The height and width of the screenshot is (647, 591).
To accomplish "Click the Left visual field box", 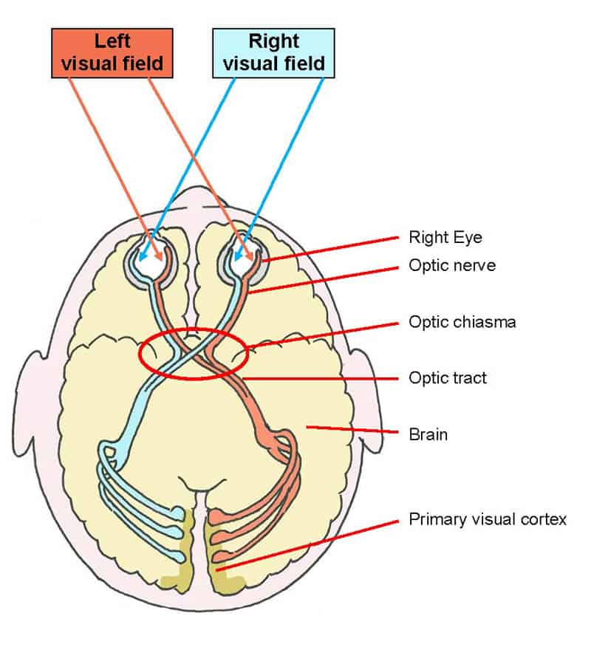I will click(x=113, y=53).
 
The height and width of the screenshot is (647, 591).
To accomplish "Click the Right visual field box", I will click(x=273, y=52).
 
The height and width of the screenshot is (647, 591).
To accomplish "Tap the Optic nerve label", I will click(x=452, y=265).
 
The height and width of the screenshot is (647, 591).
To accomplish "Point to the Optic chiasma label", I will click(x=462, y=323).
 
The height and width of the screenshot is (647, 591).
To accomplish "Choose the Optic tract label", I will click(x=448, y=378).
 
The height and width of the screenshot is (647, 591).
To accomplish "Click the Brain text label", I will click(x=428, y=434).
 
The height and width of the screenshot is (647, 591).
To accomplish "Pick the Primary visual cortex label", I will click(x=488, y=520).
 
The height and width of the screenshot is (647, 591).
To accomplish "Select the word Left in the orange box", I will click(x=113, y=41).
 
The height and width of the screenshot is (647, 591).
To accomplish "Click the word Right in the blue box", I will click(x=273, y=41).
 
